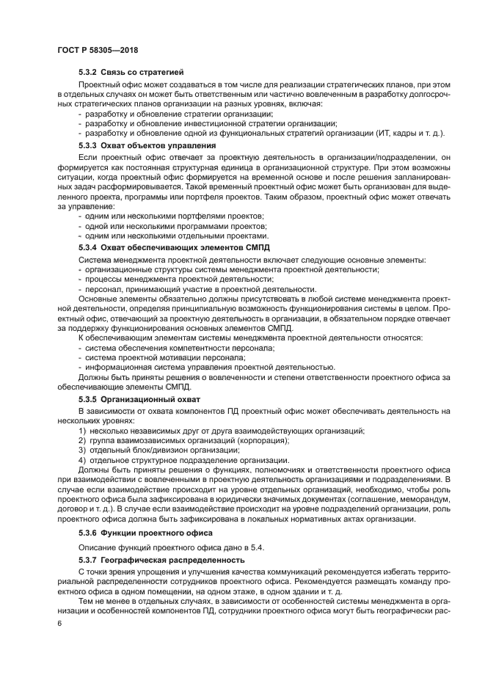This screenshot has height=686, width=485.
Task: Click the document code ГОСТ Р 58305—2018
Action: (98, 50)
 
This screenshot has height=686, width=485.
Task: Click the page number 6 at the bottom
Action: (59, 622)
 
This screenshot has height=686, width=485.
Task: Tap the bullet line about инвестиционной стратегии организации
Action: (202, 123)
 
